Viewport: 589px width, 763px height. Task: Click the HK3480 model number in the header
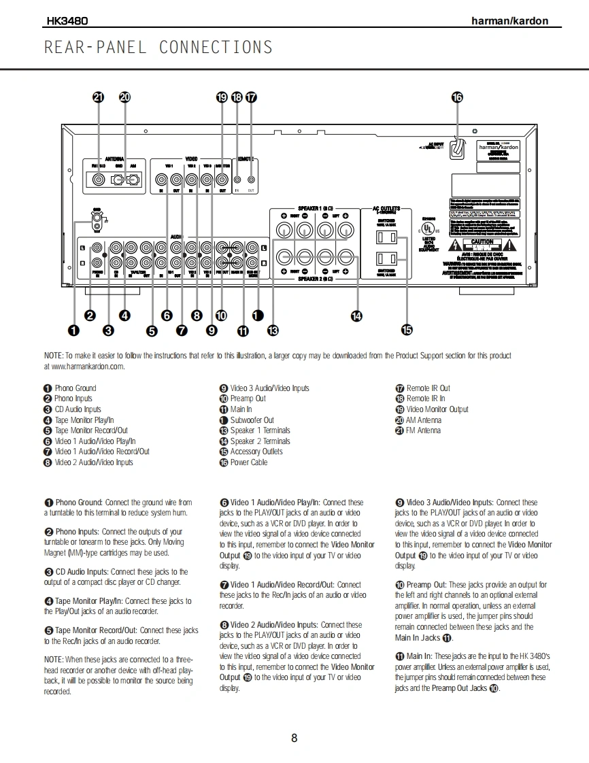(67, 21)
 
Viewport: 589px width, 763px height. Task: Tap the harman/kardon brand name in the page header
(509, 21)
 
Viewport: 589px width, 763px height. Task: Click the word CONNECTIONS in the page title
(216, 48)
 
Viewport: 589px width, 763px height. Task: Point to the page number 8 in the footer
(294, 739)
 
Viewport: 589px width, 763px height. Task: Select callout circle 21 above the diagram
(99, 97)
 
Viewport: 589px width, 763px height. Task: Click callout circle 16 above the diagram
(457, 97)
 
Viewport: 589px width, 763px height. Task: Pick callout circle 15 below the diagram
(407, 330)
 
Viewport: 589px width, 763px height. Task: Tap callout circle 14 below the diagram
(356, 316)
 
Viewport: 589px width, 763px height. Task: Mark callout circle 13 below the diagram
(273, 330)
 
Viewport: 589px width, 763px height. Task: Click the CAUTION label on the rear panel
(482, 242)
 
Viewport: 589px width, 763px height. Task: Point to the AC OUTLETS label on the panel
(386, 209)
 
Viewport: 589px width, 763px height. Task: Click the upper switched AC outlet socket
(386, 237)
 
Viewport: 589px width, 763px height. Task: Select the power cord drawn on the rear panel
(458, 147)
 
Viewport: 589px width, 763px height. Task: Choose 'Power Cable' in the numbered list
(248, 462)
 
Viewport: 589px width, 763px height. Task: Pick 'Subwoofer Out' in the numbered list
(252, 420)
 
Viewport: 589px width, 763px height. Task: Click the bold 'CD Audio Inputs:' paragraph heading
(82, 573)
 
